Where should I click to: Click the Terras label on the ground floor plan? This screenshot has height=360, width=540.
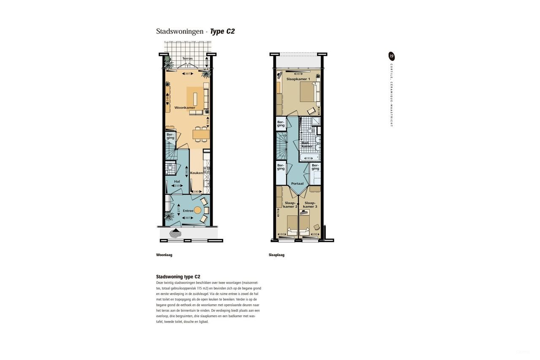point(187,59)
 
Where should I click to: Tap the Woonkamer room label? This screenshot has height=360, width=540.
point(185,108)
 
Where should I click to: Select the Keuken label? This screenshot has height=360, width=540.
point(196,173)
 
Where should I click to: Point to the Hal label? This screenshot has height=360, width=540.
point(177,181)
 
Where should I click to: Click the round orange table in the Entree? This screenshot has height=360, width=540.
point(197,210)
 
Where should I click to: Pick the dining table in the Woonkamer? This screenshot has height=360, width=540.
point(201,134)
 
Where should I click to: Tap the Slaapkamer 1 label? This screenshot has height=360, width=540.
point(298,79)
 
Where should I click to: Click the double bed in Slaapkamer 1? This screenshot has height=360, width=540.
point(307,92)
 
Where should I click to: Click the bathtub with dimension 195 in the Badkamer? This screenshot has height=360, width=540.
point(309,158)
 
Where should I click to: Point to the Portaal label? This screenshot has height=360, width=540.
point(297,184)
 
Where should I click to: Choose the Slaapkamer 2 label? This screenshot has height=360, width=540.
point(290,205)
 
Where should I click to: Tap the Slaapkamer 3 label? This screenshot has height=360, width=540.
point(309,205)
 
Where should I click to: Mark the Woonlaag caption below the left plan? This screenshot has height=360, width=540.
point(164,255)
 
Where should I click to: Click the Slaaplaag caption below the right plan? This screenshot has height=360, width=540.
point(276,255)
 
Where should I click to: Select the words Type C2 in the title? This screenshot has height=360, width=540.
point(222,32)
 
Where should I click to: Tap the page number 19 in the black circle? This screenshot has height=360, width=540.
point(391,56)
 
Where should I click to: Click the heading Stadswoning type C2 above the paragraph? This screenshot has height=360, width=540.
point(178,277)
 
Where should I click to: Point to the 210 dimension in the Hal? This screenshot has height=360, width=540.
point(177,186)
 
